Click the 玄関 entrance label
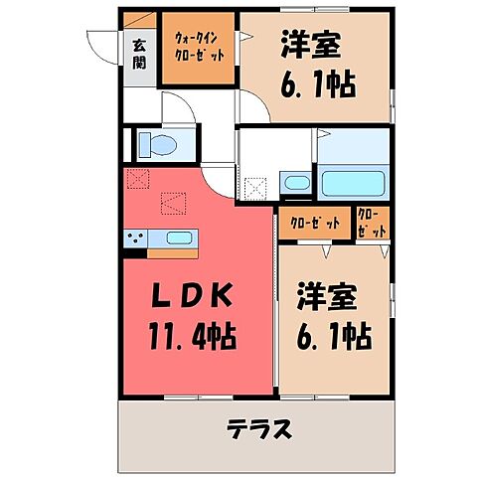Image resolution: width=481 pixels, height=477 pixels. coord(139,53)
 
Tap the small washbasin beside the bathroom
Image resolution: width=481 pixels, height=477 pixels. coord(295,182)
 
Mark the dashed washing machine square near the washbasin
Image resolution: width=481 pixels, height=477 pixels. coord(257,186)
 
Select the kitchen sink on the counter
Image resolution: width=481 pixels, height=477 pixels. coord(179,238)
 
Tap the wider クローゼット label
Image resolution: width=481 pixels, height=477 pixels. coord(314,223)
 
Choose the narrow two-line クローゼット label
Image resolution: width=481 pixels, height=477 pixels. coord(371,223)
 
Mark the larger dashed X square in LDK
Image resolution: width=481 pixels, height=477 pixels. coord(176,204)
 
